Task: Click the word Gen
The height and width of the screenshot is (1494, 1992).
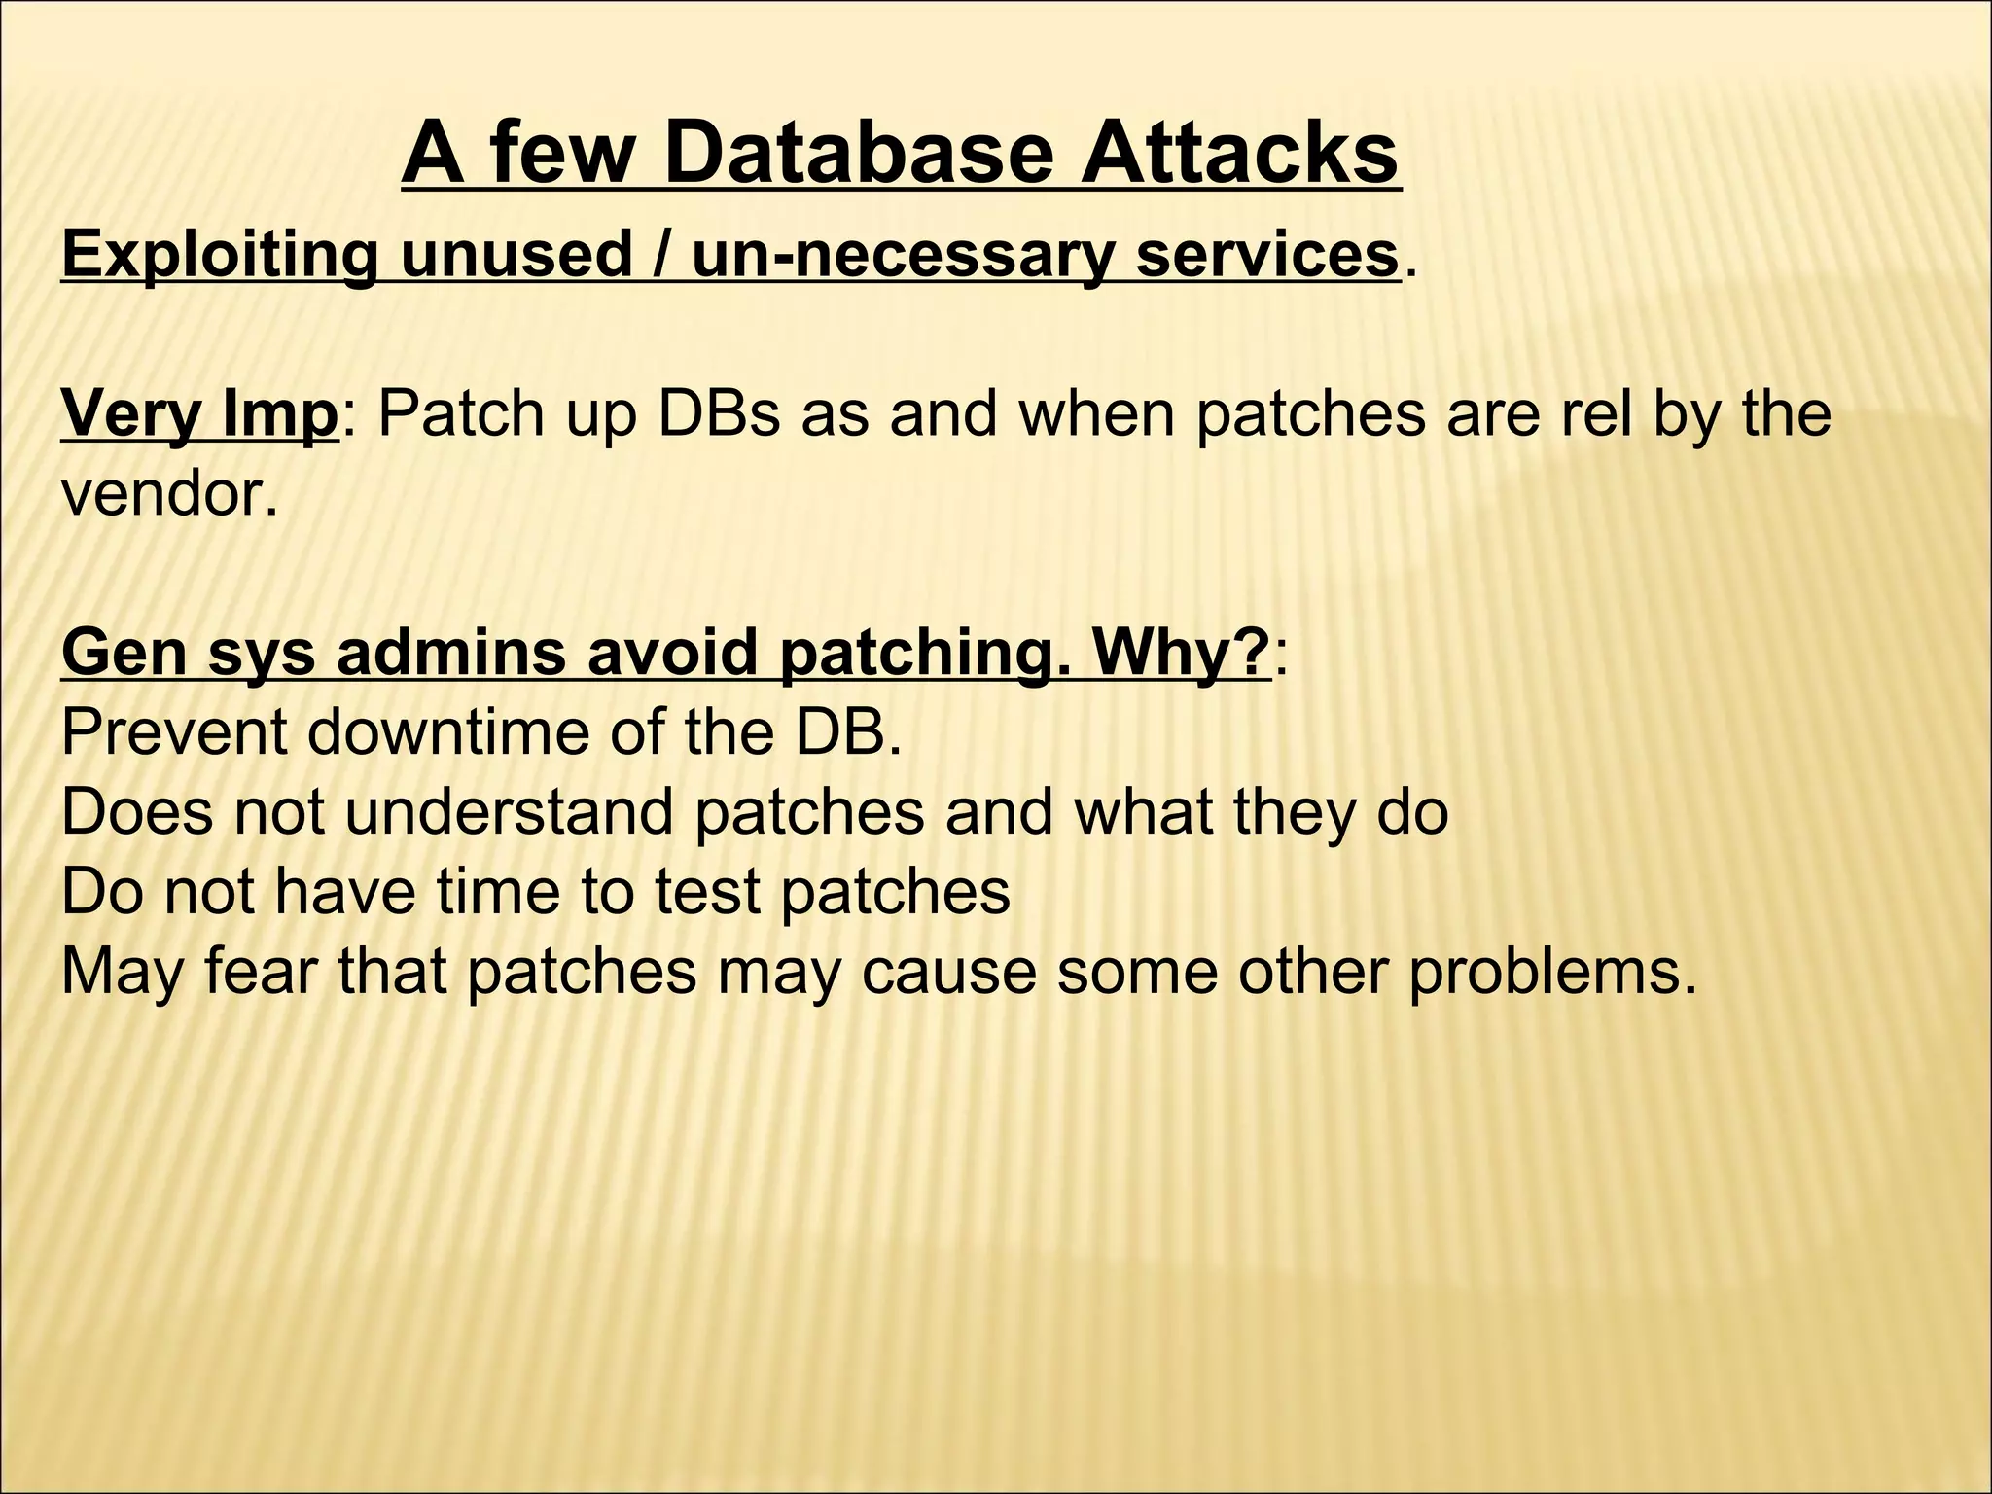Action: tap(123, 654)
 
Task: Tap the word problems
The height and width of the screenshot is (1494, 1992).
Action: tap(1551, 973)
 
